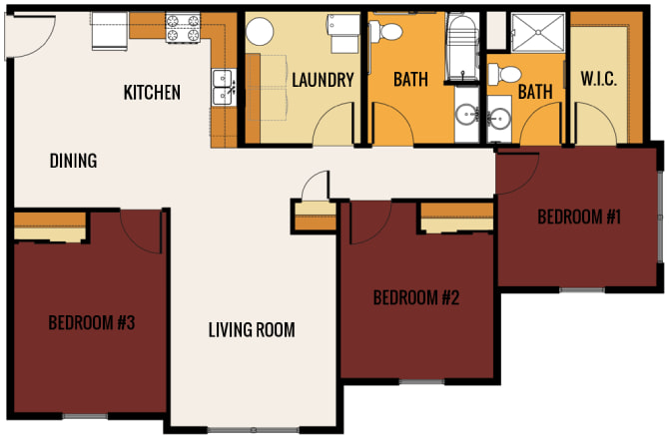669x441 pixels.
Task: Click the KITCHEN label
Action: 152,93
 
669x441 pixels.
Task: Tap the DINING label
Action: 73,161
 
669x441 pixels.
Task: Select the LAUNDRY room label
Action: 323,80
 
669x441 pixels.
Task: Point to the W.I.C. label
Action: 598,79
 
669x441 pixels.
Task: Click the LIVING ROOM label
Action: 252,329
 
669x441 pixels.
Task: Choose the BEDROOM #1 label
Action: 579,217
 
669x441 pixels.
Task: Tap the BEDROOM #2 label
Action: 416,297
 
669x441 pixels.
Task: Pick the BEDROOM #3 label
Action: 92,322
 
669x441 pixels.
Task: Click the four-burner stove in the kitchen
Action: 183,27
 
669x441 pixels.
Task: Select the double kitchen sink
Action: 223,88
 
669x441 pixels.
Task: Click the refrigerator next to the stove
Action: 110,31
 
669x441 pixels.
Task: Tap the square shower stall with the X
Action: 538,33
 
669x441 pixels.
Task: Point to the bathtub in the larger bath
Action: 462,48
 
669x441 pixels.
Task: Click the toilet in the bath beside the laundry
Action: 385,32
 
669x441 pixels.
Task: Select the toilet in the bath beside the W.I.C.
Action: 504,74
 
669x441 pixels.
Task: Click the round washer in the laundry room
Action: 260,31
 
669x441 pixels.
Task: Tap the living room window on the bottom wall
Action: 254,429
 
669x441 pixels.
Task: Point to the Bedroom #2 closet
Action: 457,218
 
